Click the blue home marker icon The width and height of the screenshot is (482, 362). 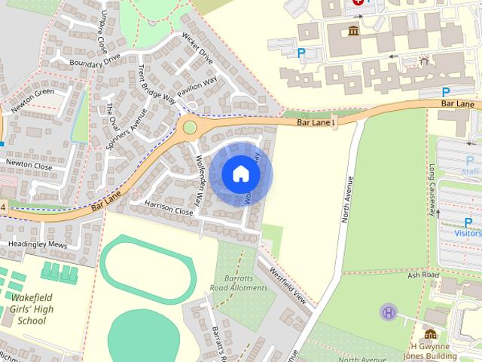coord(240,174)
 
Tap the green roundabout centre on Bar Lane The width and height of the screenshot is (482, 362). coord(189,127)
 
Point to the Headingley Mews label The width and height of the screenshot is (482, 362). coord(38,245)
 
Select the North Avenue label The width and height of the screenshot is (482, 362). coord(347,200)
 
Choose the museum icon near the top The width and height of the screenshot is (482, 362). coord(353,30)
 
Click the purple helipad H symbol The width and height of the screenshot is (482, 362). coord(389,311)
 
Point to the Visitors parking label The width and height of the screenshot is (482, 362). coord(467,234)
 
